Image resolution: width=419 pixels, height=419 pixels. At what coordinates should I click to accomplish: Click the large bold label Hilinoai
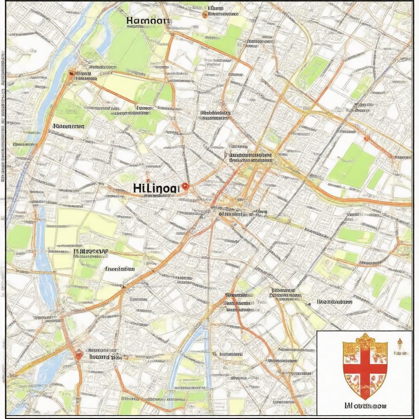coord(156,188)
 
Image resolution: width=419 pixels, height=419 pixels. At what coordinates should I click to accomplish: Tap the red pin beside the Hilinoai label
coord(185,187)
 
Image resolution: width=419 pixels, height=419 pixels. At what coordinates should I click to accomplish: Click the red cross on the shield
coord(365,367)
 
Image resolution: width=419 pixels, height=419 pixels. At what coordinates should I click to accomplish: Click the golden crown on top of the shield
coord(365,340)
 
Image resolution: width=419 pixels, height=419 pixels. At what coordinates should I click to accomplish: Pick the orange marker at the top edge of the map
coord(205,15)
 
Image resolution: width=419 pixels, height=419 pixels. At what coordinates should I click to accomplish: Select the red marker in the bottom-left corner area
coord(78,354)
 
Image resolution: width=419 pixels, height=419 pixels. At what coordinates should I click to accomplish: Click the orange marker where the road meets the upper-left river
coord(72,74)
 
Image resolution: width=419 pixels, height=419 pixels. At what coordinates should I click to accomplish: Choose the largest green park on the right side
coord(351,164)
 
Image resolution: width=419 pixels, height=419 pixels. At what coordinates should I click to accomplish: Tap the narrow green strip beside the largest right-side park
coord(376,179)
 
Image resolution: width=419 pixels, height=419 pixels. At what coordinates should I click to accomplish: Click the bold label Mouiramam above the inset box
coord(334,302)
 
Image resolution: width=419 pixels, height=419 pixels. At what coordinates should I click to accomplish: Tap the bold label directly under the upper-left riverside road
coord(69,126)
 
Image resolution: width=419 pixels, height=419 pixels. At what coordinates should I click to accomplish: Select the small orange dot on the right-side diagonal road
coord(366,139)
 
